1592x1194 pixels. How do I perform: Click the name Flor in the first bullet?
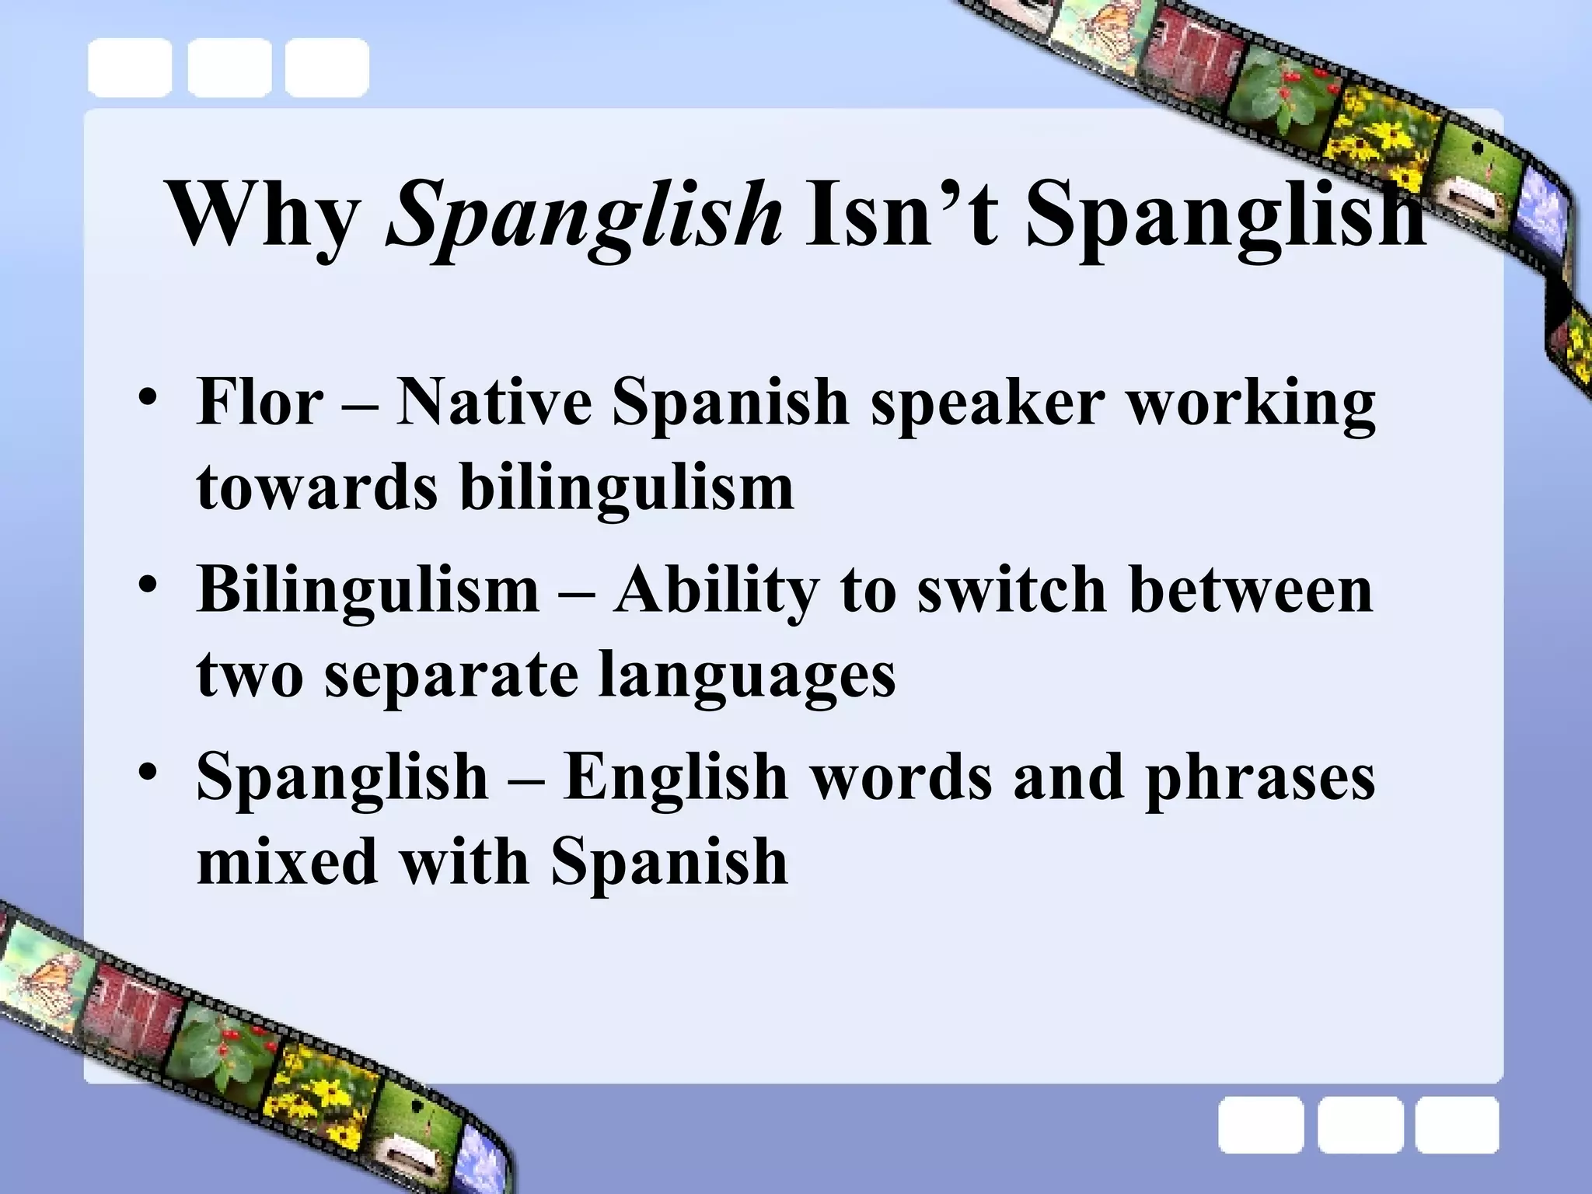coord(260,403)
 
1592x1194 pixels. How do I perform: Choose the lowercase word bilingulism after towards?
coord(627,488)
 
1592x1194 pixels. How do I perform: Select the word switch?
coord(1011,589)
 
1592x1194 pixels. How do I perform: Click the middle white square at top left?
coord(229,68)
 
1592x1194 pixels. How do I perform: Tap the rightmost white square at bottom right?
coord(1457,1125)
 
